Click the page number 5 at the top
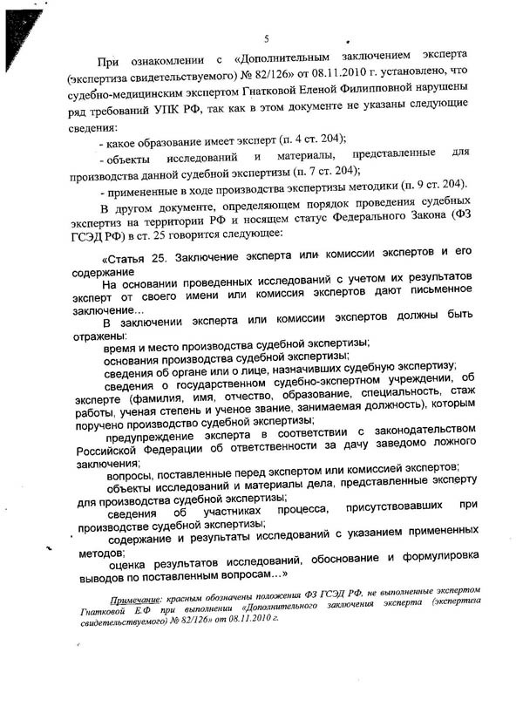pos(267,38)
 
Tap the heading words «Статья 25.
pos(134,259)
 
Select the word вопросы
pos(131,475)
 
